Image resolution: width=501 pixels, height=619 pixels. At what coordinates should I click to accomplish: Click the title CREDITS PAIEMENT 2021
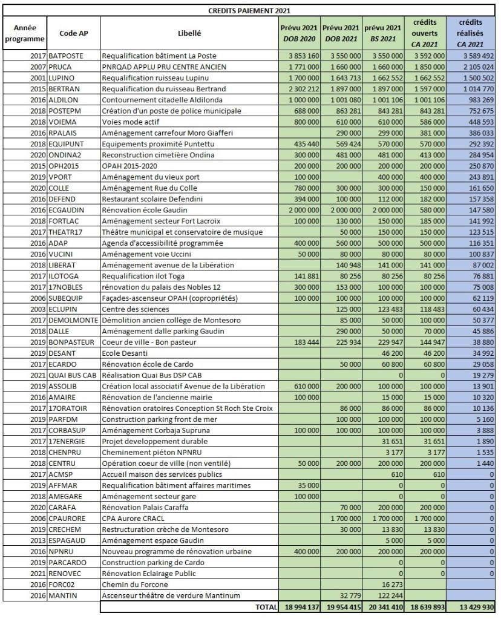coord(250,10)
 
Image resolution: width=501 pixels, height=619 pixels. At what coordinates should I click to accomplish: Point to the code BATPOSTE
coord(68,56)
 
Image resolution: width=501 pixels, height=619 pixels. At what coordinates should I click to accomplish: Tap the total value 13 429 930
coord(473,607)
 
